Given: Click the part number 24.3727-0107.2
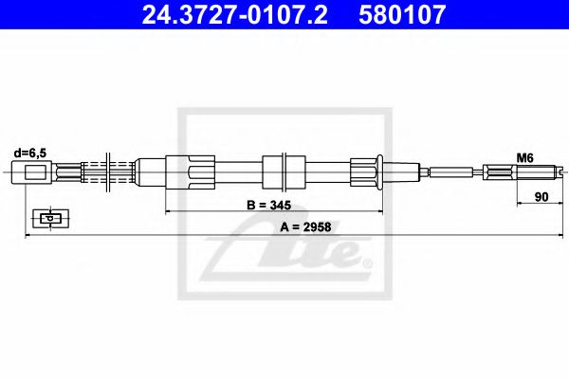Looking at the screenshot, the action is click(234, 14).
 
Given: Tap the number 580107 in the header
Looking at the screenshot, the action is click(402, 14).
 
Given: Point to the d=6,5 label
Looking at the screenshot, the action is click(30, 153).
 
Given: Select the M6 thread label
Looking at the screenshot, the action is click(524, 157).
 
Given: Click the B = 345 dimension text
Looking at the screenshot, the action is click(269, 205).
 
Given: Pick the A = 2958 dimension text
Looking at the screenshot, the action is click(305, 227).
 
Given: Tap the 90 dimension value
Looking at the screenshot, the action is click(541, 197).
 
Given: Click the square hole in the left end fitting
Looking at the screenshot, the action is click(35, 171).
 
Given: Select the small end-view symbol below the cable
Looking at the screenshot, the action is click(50, 218).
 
